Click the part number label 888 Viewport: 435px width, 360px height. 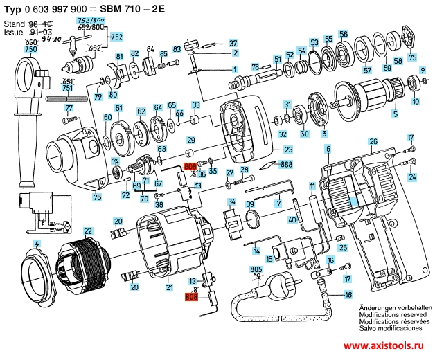click(x=285, y=164)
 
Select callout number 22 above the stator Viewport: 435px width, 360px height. click(x=88, y=231)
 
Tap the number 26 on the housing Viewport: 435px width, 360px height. click(x=373, y=142)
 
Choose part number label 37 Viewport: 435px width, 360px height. click(x=233, y=43)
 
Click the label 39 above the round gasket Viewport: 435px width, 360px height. click(x=250, y=204)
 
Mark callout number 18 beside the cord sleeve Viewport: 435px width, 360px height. click(x=348, y=294)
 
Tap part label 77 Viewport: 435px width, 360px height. click(x=69, y=109)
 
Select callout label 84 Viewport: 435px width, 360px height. click(x=150, y=49)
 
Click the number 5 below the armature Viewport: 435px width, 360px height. click(x=396, y=114)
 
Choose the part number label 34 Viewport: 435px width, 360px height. click(x=231, y=201)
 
